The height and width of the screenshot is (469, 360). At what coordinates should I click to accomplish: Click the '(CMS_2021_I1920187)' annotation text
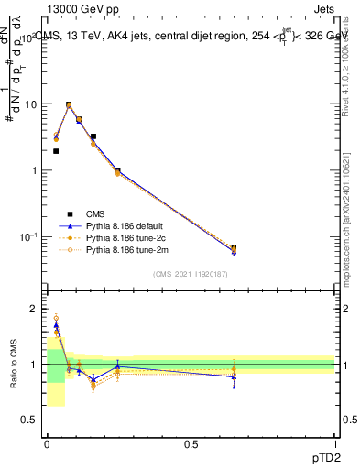pos(190,274)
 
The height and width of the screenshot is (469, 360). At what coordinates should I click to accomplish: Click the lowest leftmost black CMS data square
pos(56,151)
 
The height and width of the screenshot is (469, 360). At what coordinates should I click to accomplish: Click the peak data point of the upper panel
pos(69,105)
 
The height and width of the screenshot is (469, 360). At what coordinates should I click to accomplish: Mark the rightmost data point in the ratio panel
pos(234,376)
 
